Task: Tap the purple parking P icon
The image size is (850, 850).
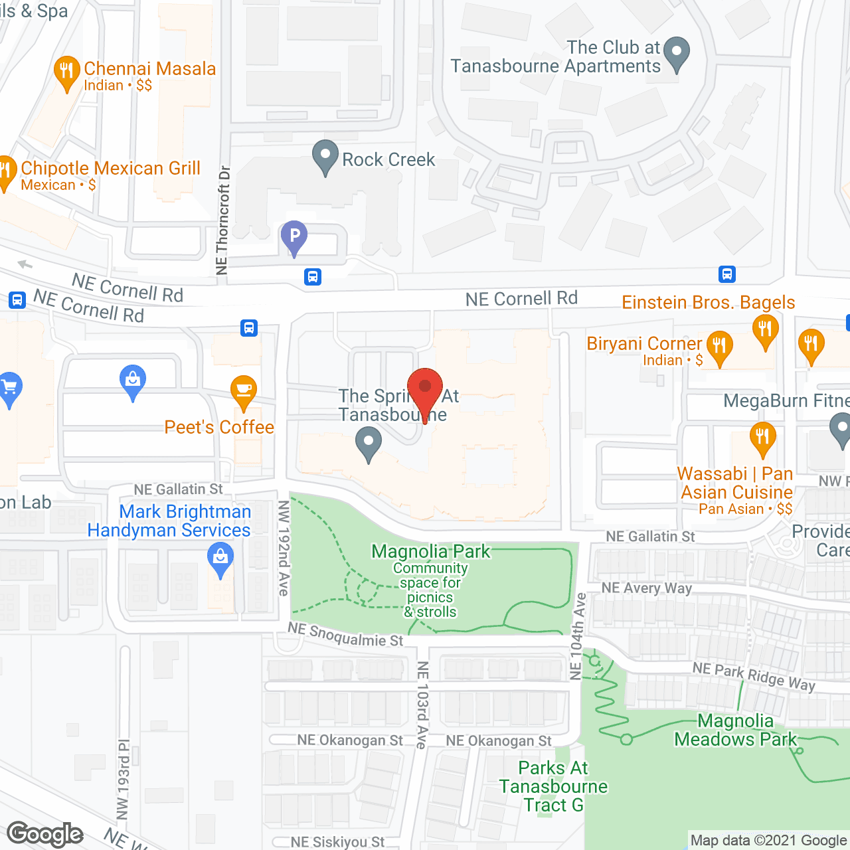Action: pyautogui.click(x=294, y=236)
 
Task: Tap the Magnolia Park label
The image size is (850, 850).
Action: pyautogui.click(x=430, y=551)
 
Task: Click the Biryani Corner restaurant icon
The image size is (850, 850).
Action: pyautogui.click(x=719, y=347)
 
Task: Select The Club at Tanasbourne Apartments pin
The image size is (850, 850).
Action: pyautogui.click(x=677, y=52)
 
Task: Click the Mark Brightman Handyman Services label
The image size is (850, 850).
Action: pyautogui.click(x=170, y=521)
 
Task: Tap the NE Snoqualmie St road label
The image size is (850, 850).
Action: pyautogui.click(x=345, y=635)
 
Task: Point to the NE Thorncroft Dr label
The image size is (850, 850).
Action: pyautogui.click(x=222, y=220)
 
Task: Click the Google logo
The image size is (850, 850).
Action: pyautogui.click(x=44, y=834)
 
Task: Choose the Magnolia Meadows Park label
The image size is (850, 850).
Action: pyautogui.click(x=735, y=730)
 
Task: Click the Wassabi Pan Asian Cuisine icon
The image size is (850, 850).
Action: pyautogui.click(x=762, y=438)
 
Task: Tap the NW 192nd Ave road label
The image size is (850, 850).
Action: pyautogui.click(x=284, y=548)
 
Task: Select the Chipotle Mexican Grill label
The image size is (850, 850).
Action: pyautogui.click(x=110, y=169)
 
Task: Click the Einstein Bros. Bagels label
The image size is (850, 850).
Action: pyautogui.click(x=708, y=303)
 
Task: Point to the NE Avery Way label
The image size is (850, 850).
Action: pyautogui.click(x=646, y=588)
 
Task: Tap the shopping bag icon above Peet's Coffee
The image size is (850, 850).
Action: pyautogui.click(x=133, y=381)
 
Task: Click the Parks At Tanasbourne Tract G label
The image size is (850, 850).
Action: pyautogui.click(x=553, y=786)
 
